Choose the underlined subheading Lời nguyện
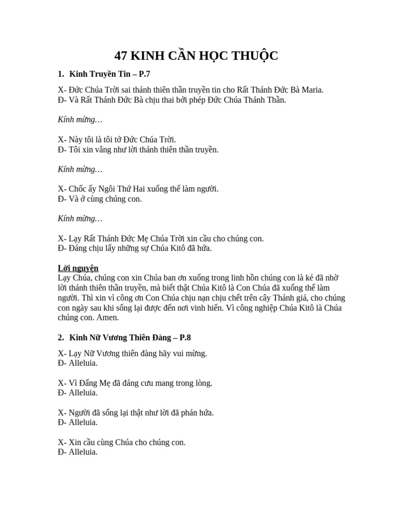click(78, 268)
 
